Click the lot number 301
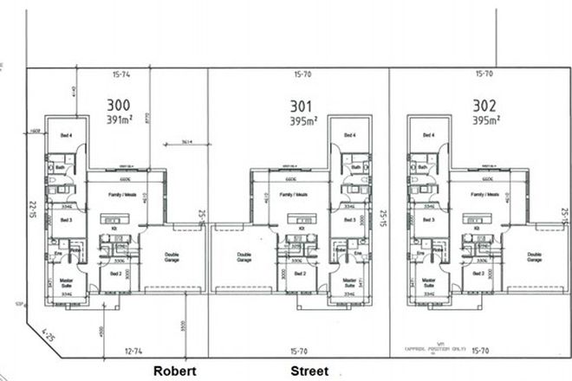tap(302, 107)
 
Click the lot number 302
tap(484, 106)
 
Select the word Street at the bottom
tap(309, 370)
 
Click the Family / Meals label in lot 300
tap(118, 196)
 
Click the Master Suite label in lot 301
tap(350, 283)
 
